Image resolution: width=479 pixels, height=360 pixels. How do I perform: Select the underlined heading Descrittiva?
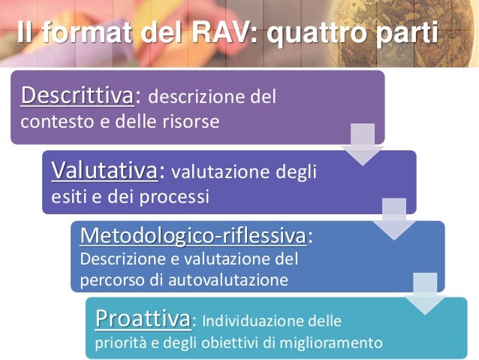click(77, 95)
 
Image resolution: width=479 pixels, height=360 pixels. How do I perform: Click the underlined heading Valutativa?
click(104, 171)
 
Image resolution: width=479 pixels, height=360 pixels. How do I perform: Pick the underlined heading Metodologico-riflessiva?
click(193, 236)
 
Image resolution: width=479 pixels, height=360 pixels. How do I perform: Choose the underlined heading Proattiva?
click(143, 319)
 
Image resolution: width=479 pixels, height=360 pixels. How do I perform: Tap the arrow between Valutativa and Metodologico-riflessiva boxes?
click(394, 218)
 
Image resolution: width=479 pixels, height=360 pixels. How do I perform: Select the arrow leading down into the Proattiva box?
click(426, 293)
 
